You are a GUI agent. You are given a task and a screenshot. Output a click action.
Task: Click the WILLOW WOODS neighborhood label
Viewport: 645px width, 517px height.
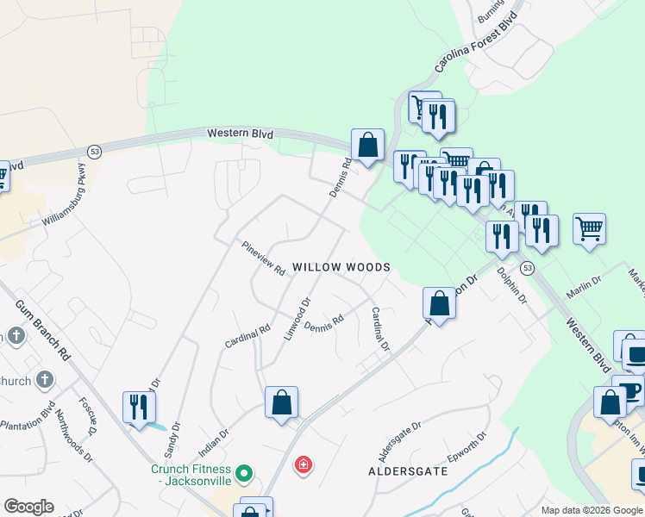point(341,268)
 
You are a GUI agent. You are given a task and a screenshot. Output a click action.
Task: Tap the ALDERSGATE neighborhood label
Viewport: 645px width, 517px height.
point(408,471)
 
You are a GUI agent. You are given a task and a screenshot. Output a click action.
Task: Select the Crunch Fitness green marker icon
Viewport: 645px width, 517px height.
point(244,472)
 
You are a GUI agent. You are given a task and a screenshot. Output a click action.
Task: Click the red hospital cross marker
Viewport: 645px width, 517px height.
point(303,466)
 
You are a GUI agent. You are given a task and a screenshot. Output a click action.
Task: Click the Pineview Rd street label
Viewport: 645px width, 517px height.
point(263,258)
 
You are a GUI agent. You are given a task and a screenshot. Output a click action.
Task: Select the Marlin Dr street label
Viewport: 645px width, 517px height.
point(583,288)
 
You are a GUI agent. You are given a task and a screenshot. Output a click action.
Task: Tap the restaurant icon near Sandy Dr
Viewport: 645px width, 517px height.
point(138,407)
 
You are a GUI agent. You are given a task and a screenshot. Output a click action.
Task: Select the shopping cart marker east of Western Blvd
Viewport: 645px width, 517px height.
point(589,228)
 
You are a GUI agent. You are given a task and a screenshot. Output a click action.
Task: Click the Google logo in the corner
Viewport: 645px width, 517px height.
point(28,506)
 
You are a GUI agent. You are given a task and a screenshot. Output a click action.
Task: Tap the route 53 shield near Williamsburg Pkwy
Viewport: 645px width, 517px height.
point(94,152)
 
